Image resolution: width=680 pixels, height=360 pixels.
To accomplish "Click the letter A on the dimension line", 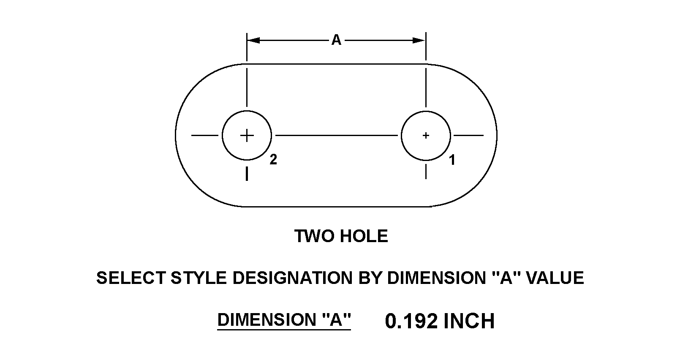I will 336,40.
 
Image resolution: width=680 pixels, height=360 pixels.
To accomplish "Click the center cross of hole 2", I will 247,135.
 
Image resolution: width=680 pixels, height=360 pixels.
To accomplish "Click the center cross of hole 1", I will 426,135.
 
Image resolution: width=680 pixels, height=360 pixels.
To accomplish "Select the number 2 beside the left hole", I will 273,160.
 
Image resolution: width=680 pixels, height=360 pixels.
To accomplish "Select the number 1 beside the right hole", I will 452,160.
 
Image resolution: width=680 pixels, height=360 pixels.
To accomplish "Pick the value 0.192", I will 411,321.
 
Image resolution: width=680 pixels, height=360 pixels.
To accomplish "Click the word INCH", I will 469,321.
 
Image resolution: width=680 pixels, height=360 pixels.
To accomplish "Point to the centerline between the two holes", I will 336,135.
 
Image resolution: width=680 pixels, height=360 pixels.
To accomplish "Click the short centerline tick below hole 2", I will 247,174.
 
